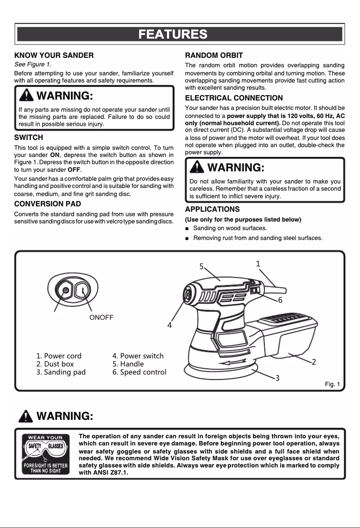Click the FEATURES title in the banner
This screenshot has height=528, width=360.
(173, 34)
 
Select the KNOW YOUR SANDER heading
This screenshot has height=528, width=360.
(54, 56)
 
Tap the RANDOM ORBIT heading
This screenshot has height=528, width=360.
(214, 56)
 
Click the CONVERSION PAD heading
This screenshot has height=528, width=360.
(48, 204)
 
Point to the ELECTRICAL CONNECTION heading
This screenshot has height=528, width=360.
(234, 98)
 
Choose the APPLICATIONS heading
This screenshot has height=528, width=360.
(212, 209)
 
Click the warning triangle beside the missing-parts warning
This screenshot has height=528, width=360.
(27, 96)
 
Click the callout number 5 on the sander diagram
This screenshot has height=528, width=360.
(202, 266)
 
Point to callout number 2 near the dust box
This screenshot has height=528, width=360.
(314, 362)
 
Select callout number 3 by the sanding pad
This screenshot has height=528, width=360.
(277, 378)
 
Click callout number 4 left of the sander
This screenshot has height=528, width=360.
(170, 325)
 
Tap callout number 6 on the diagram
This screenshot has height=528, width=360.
(280, 300)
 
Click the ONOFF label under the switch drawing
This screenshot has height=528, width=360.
(101, 317)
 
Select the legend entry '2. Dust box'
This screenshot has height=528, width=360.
(55, 364)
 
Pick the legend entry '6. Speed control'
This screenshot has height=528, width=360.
(139, 372)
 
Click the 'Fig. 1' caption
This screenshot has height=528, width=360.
(332, 384)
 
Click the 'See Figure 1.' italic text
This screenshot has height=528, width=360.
(33, 65)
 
